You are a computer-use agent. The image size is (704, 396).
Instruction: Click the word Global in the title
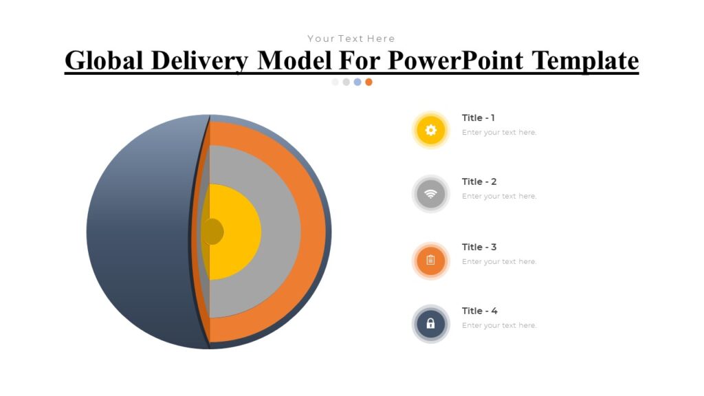click(104, 60)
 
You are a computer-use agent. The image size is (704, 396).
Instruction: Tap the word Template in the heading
click(586, 60)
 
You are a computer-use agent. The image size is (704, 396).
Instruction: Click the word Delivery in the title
click(199, 60)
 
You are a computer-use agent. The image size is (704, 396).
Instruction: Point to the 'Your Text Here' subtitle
click(351, 38)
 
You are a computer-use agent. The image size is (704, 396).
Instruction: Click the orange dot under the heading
click(368, 82)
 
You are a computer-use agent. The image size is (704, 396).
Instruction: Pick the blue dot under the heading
click(357, 82)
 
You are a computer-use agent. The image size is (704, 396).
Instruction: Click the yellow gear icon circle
click(431, 130)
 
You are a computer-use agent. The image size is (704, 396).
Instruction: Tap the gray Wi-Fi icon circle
click(431, 194)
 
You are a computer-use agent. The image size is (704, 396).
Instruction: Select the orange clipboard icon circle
click(431, 261)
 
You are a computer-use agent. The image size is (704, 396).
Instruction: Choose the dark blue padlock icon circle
click(431, 324)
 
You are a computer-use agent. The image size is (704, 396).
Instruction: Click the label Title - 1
click(478, 118)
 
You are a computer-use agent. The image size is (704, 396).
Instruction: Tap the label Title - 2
click(479, 181)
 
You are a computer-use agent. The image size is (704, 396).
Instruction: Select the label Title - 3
click(479, 247)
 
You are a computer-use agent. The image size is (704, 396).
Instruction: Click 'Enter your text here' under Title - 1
click(499, 132)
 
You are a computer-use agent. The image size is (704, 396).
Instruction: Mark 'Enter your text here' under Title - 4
click(499, 325)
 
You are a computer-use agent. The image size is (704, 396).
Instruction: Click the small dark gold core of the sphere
click(213, 232)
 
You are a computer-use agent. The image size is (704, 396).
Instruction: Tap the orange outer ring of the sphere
click(313, 232)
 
